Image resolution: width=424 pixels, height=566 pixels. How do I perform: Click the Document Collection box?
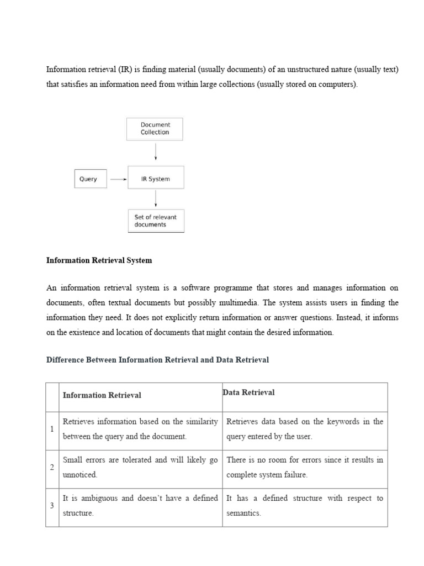tap(155, 129)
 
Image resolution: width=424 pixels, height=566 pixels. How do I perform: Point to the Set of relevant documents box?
tap(156, 221)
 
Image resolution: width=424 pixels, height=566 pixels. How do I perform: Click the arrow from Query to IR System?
tap(119, 179)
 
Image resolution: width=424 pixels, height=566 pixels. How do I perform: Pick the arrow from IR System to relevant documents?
tap(156, 198)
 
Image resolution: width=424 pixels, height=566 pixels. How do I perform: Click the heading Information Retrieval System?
tap(99, 260)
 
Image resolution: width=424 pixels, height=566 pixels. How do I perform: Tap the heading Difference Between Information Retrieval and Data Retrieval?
tap(157, 360)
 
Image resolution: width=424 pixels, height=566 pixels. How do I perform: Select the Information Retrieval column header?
tap(102, 395)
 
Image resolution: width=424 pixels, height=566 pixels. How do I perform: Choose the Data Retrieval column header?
tap(248, 392)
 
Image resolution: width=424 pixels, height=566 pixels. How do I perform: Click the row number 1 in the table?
tap(52, 429)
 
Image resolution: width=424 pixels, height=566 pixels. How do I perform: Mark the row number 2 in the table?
tap(52, 468)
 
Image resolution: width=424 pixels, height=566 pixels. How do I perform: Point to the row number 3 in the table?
tap(52, 506)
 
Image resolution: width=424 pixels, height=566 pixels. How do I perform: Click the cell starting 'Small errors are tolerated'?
tap(140, 467)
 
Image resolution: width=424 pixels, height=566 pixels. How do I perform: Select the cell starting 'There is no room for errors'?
tap(305, 467)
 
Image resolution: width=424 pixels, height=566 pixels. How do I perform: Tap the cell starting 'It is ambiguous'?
tap(140, 506)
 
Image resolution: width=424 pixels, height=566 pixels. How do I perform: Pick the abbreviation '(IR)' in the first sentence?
tap(122, 70)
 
